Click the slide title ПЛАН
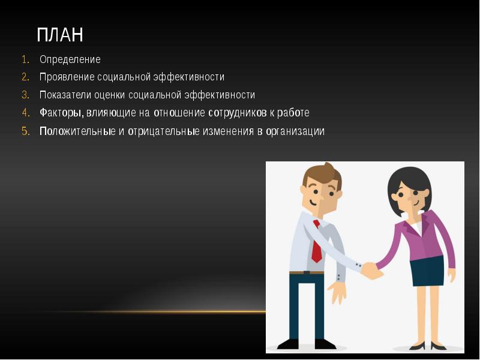pos(59,35)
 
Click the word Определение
pos(70,59)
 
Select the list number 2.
pos(25,77)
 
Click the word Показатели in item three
pos(64,95)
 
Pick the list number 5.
pos(25,131)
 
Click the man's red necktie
pos(316,243)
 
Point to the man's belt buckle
pos(307,272)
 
